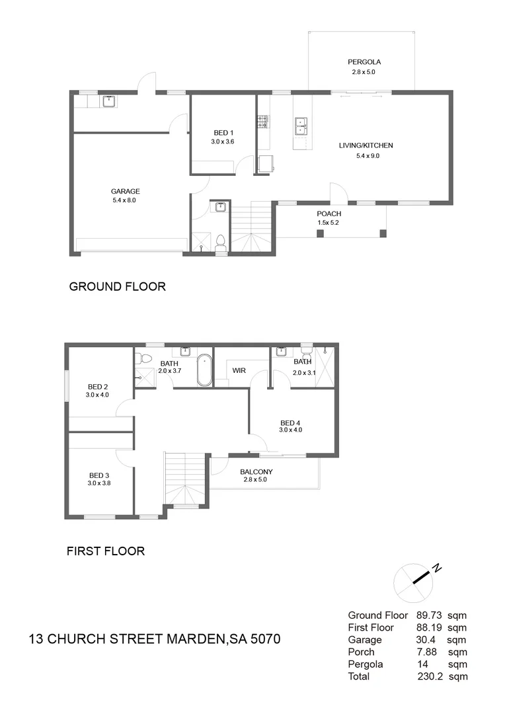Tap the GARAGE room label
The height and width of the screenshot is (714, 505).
(x=124, y=192)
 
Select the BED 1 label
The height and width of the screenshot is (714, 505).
(x=221, y=132)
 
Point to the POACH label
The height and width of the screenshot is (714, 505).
(x=329, y=214)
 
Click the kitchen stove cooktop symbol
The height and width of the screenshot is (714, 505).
(x=262, y=121)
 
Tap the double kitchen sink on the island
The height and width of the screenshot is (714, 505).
(x=301, y=125)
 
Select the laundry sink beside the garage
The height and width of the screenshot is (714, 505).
(x=108, y=101)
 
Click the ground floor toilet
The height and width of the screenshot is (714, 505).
(x=221, y=243)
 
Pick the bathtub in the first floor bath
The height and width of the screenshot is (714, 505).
(x=205, y=370)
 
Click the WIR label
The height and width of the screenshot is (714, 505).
(x=239, y=371)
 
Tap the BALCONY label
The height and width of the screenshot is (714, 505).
(x=258, y=472)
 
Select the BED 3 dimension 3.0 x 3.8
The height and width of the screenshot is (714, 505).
(x=99, y=483)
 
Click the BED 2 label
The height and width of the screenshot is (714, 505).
(x=98, y=387)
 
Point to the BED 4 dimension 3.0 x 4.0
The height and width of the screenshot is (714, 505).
(x=291, y=430)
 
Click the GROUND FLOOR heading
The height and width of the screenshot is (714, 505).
(x=117, y=286)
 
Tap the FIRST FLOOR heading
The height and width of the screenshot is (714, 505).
(x=106, y=551)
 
